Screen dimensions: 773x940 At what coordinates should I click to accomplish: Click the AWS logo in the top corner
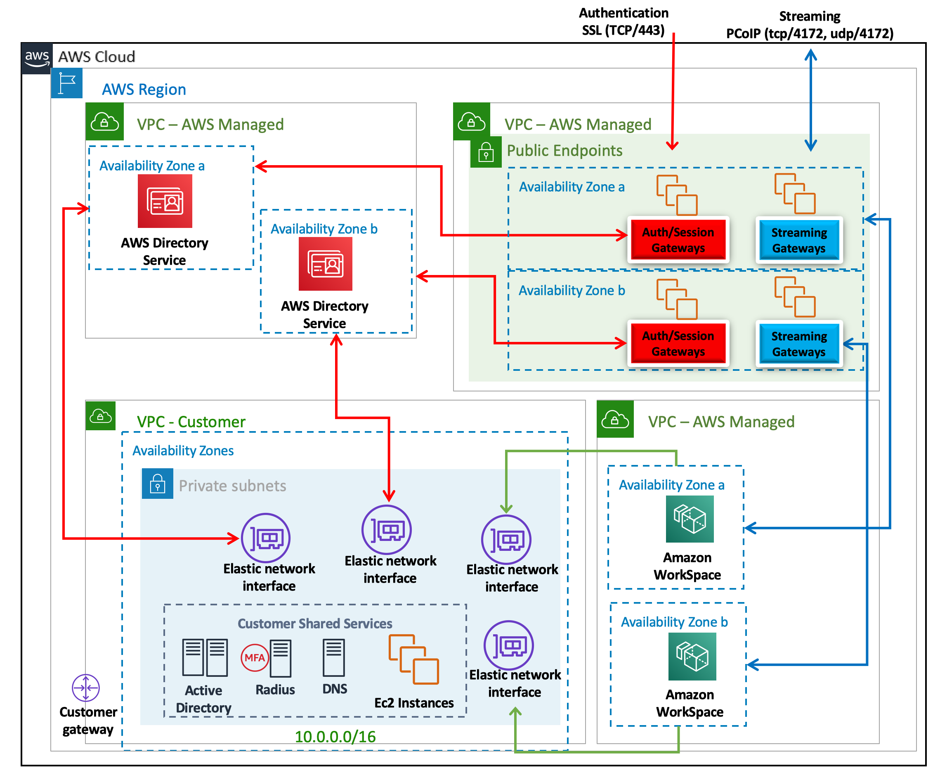(36, 58)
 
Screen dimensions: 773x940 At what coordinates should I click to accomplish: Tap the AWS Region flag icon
(67, 83)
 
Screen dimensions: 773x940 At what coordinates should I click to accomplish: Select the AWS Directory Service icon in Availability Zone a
(165, 201)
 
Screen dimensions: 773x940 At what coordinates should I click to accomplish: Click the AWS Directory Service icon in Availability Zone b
(325, 263)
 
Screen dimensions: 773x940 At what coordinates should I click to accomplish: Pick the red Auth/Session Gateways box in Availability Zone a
(678, 239)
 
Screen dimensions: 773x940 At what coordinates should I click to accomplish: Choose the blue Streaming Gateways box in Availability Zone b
(798, 344)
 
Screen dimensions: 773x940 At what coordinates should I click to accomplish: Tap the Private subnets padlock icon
(157, 484)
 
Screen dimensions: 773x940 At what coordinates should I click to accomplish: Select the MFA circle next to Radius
(254, 657)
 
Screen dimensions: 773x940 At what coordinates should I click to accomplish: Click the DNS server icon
(334, 658)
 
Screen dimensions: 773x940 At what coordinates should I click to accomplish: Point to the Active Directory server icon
(205, 657)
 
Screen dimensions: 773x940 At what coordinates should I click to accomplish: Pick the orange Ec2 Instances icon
(413, 659)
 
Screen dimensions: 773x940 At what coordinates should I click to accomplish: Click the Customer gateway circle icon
(85, 688)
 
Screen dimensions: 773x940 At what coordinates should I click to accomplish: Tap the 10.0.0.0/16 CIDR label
(335, 737)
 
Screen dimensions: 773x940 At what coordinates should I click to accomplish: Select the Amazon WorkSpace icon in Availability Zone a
(689, 519)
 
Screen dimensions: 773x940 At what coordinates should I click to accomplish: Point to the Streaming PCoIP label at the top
(809, 25)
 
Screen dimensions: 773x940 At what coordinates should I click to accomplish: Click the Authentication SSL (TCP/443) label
(623, 21)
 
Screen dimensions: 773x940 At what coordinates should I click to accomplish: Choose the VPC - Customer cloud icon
(100, 416)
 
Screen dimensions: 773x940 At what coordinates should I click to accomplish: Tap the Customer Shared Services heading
(314, 624)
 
